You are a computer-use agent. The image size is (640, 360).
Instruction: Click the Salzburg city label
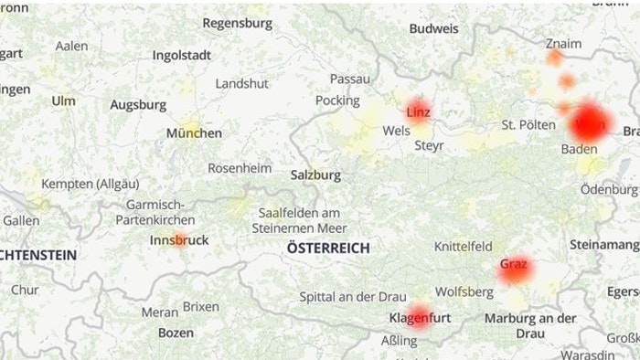(315, 175)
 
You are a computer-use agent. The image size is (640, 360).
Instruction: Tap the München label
(194, 133)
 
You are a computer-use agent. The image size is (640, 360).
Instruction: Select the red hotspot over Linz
(419, 111)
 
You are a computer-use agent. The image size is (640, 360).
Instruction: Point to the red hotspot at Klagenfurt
(419, 315)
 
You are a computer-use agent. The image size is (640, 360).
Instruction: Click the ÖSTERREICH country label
(328, 249)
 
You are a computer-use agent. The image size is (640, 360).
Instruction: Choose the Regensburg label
(238, 23)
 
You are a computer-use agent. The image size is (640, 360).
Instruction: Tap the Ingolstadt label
(181, 55)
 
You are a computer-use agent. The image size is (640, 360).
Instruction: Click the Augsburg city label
(138, 105)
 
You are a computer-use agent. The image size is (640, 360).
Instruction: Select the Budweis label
(433, 28)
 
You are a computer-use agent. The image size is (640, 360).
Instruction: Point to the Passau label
(350, 79)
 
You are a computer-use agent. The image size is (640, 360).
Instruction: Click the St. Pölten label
(528, 124)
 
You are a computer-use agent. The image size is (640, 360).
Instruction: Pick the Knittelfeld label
(463, 247)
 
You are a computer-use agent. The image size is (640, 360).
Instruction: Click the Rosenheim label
(240, 168)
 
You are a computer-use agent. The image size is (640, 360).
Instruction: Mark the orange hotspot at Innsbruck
(180, 240)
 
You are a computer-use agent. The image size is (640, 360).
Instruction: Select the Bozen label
(176, 334)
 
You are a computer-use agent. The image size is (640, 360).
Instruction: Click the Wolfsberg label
(464, 292)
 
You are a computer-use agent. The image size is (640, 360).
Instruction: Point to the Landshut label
(241, 83)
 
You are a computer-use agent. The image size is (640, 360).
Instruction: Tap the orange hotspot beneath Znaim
(555, 58)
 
